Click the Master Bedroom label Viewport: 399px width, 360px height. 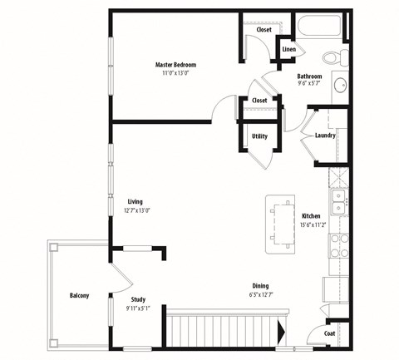(175, 65)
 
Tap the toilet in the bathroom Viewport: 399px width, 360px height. (336, 57)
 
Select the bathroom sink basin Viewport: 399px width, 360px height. (340, 86)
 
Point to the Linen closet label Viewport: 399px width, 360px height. (288, 49)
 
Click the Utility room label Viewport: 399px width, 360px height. (259, 136)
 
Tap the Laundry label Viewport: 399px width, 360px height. (325, 136)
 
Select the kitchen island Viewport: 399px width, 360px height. (280, 224)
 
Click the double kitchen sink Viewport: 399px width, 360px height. (338, 202)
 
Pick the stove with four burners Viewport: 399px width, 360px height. (339, 245)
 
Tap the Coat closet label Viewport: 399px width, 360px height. (329, 333)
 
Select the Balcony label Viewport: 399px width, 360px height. (80, 295)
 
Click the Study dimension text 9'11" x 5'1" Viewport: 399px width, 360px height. (138, 308)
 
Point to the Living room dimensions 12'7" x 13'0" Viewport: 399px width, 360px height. (137, 210)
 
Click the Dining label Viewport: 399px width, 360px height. (260, 286)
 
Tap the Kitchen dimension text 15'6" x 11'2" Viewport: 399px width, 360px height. (313, 224)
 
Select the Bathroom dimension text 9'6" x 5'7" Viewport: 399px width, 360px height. (309, 83)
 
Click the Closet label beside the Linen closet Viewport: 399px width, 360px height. (264, 30)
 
